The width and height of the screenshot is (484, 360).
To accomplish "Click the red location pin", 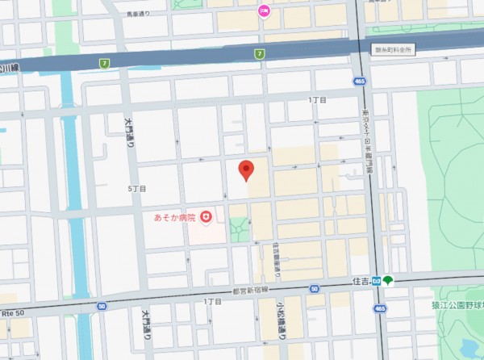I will click(248, 170).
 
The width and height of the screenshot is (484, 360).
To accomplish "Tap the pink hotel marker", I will click(263, 10).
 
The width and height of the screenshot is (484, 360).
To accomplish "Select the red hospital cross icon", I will click(206, 216).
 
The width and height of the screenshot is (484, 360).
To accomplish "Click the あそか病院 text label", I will click(175, 217).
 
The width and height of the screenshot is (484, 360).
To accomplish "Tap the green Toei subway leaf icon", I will click(388, 281).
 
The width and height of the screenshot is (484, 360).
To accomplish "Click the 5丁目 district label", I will click(136, 189).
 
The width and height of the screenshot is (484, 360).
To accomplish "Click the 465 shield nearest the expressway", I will click(357, 81).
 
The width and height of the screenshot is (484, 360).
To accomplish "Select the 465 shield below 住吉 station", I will click(378, 308).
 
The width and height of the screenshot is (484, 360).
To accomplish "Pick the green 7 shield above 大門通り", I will click(104, 63).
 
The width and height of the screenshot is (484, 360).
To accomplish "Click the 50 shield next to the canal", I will click(102, 306).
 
